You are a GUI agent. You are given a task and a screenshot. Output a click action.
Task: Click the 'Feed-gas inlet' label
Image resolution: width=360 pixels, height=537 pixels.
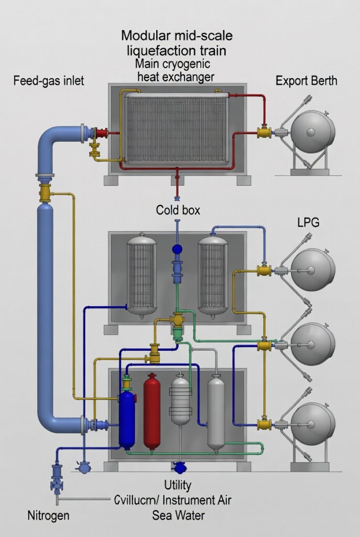point(49,81)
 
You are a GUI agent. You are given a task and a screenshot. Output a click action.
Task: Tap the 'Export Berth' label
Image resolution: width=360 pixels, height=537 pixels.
point(306,81)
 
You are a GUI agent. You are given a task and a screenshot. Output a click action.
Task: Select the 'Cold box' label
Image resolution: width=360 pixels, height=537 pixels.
point(178,210)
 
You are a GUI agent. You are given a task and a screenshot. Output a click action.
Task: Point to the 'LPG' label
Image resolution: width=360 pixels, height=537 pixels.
point(308,222)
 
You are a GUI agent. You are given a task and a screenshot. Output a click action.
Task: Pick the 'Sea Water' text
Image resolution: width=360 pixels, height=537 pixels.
point(178,515)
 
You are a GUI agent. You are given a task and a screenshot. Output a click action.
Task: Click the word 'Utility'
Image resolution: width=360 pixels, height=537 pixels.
point(177,485)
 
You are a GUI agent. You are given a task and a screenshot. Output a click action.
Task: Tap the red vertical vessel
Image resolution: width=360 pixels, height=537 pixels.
point(151,412)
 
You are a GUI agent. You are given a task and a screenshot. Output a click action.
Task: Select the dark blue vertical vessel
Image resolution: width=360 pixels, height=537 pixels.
point(127,417)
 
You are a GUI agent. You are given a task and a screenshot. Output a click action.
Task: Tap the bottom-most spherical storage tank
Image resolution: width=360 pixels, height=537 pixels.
point(313,423)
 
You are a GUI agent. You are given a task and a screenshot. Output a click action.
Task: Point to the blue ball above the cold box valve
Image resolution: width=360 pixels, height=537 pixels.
point(177,249)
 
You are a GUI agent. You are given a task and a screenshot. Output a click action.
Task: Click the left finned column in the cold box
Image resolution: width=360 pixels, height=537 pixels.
point(143,276)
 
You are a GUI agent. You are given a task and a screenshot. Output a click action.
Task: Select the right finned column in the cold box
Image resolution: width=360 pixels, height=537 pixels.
point(212,276)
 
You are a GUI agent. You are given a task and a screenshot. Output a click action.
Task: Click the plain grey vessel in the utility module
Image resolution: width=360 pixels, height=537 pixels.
point(216,412)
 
